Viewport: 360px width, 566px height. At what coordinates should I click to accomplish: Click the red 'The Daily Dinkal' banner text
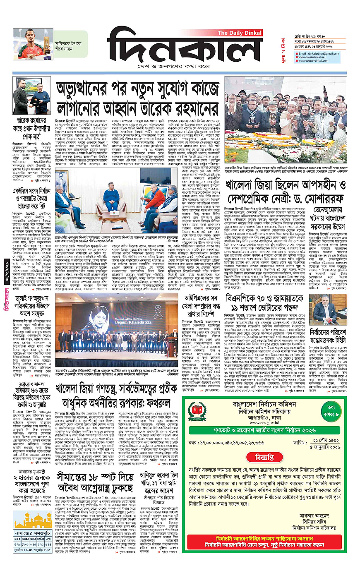coord(240,33)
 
